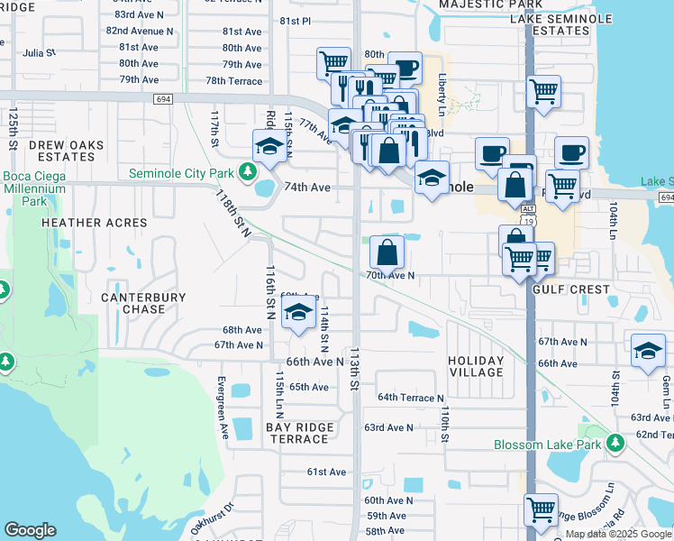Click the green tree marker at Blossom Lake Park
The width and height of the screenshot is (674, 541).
tap(615, 444)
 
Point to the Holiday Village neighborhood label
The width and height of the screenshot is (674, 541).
tap(476, 366)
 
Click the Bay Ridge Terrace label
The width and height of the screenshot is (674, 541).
tap(299, 433)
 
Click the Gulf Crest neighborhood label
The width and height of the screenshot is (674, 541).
tap(570, 290)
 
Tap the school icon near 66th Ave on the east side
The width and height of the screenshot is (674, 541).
tap(648, 351)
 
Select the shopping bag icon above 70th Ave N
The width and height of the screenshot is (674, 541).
tap(387, 252)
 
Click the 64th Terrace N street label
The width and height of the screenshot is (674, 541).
tap(411, 398)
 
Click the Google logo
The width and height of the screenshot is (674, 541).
tap(30, 530)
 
